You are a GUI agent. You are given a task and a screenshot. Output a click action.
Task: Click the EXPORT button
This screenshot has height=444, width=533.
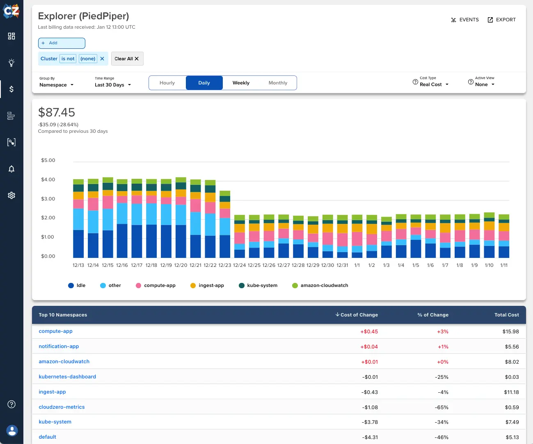(x=501, y=20)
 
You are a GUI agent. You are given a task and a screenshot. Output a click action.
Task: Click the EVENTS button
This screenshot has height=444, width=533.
(x=465, y=20)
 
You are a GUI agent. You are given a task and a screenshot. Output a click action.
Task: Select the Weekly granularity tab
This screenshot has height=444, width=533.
(x=241, y=83)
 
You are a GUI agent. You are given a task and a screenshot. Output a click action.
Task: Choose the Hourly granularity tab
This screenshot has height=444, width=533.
(x=167, y=83)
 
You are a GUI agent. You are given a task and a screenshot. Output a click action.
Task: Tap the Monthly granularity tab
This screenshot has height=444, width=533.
(x=278, y=83)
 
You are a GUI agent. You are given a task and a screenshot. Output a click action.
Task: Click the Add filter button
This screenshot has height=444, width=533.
(x=62, y=43)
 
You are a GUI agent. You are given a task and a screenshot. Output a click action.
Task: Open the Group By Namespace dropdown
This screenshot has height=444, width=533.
(x=56, y=85)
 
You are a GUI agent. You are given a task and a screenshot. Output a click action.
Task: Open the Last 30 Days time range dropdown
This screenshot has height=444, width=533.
(x=112, y=85)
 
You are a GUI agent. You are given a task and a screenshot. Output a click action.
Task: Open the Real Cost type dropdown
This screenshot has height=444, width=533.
(x=434, y=84)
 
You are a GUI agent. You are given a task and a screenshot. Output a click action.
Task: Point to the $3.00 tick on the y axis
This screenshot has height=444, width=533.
(x=48, y=199)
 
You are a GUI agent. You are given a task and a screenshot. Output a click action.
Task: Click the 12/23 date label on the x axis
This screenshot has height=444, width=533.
(x=224, y=265)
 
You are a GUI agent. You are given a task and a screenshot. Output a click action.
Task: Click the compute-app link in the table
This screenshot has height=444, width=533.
(x=55, y=331)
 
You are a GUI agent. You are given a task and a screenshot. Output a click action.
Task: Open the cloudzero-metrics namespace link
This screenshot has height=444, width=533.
(x=62, y=407)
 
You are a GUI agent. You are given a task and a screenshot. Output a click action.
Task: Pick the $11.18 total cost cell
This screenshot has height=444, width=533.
(x=511, y=392)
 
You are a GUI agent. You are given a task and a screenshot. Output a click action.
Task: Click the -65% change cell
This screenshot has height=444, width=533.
(x=441, y=408)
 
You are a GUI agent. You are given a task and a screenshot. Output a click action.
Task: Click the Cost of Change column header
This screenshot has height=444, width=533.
(x=357, y=315)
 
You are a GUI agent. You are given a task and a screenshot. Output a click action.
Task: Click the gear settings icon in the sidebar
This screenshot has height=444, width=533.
(x=11, y=195)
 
